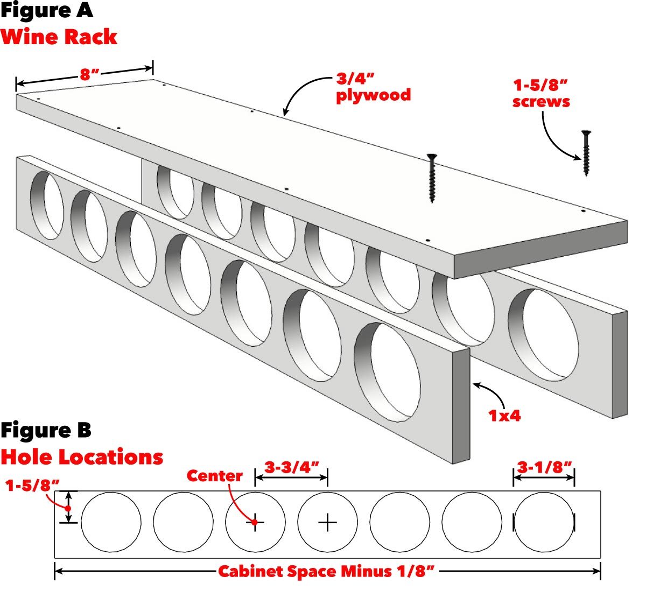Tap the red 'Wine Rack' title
[59, 37]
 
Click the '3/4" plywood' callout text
[373, 87]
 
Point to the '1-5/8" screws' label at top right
[540, 93]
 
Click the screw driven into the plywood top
[431, 178]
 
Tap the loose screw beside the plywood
[585, 153]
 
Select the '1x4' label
[504, 415]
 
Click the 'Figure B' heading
[46, 431]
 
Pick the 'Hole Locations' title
[82, 457]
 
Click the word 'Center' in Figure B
[214, 476]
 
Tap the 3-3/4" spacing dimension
[291, 467]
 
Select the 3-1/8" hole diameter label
[544, 467]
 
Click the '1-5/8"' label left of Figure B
[32, 485]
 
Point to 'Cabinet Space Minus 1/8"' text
[326, 571]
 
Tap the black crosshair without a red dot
[327, 522]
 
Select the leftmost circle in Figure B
[111, 522]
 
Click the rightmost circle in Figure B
[544, 522]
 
